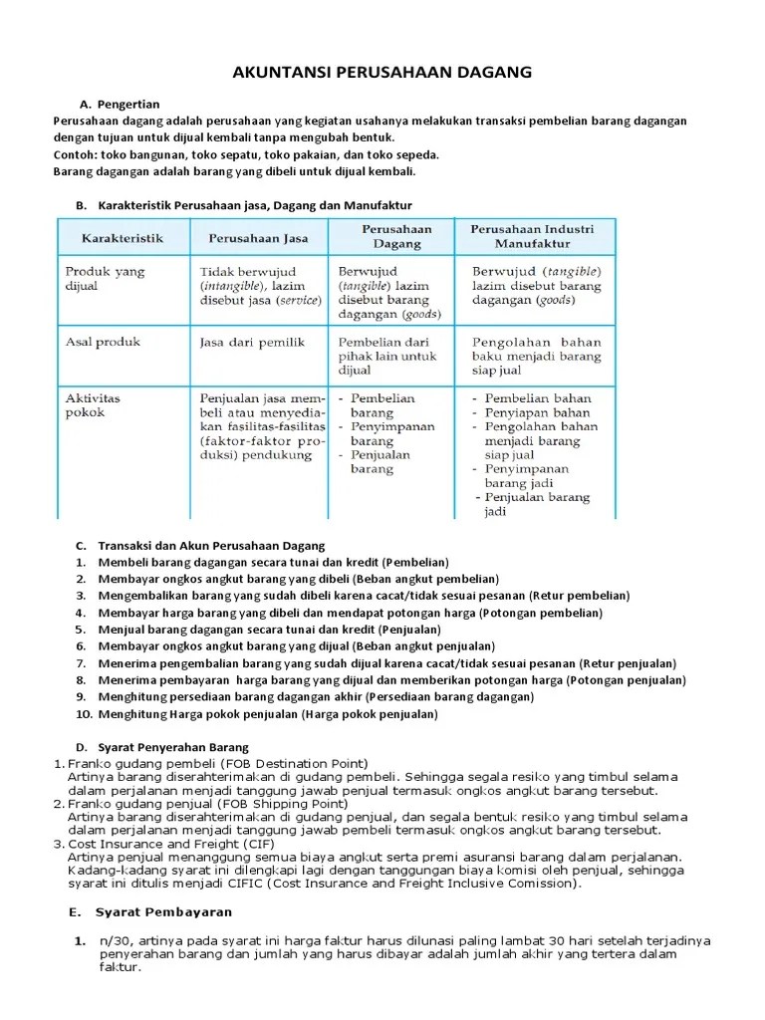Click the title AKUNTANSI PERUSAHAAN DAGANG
(x=382, y=72)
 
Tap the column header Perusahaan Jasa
(x=258, y=238)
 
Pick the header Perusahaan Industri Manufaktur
(x=535, y=236)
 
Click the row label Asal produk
(x=103, y=342)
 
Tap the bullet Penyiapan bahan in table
(x=536, y=412)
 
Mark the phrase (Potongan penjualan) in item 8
(x=627, y=680)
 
